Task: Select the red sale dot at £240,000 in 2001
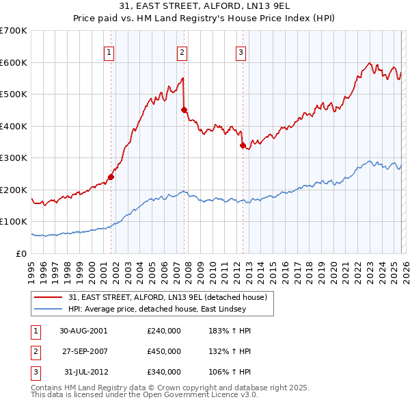click(111, 177)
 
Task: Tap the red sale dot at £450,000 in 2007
click(184, 110)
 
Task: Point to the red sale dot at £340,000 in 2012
click(243, 145)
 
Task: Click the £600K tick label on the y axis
click(14, 62)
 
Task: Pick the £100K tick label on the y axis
click(14, 222)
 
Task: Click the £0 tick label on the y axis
click(20, 253)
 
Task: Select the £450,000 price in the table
click(164, 351)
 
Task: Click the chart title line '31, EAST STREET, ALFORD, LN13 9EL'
click(205, 8)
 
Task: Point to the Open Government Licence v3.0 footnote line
click(144, 395)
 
